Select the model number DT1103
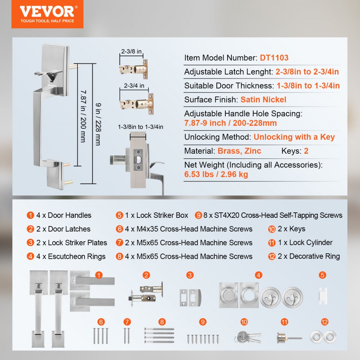point(274,58)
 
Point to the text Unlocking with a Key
point(294,137)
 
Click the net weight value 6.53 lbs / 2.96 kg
point(216,175)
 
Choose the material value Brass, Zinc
point(239,151)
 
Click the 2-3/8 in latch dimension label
point(131,51)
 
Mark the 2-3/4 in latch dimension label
point(134,86)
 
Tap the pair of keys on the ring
point(247,337)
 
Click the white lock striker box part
point(322,296)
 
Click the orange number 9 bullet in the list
point(198,215)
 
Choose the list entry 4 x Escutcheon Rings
point(71,256)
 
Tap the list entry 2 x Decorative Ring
point(309,256)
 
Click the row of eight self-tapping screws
point(203,338)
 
